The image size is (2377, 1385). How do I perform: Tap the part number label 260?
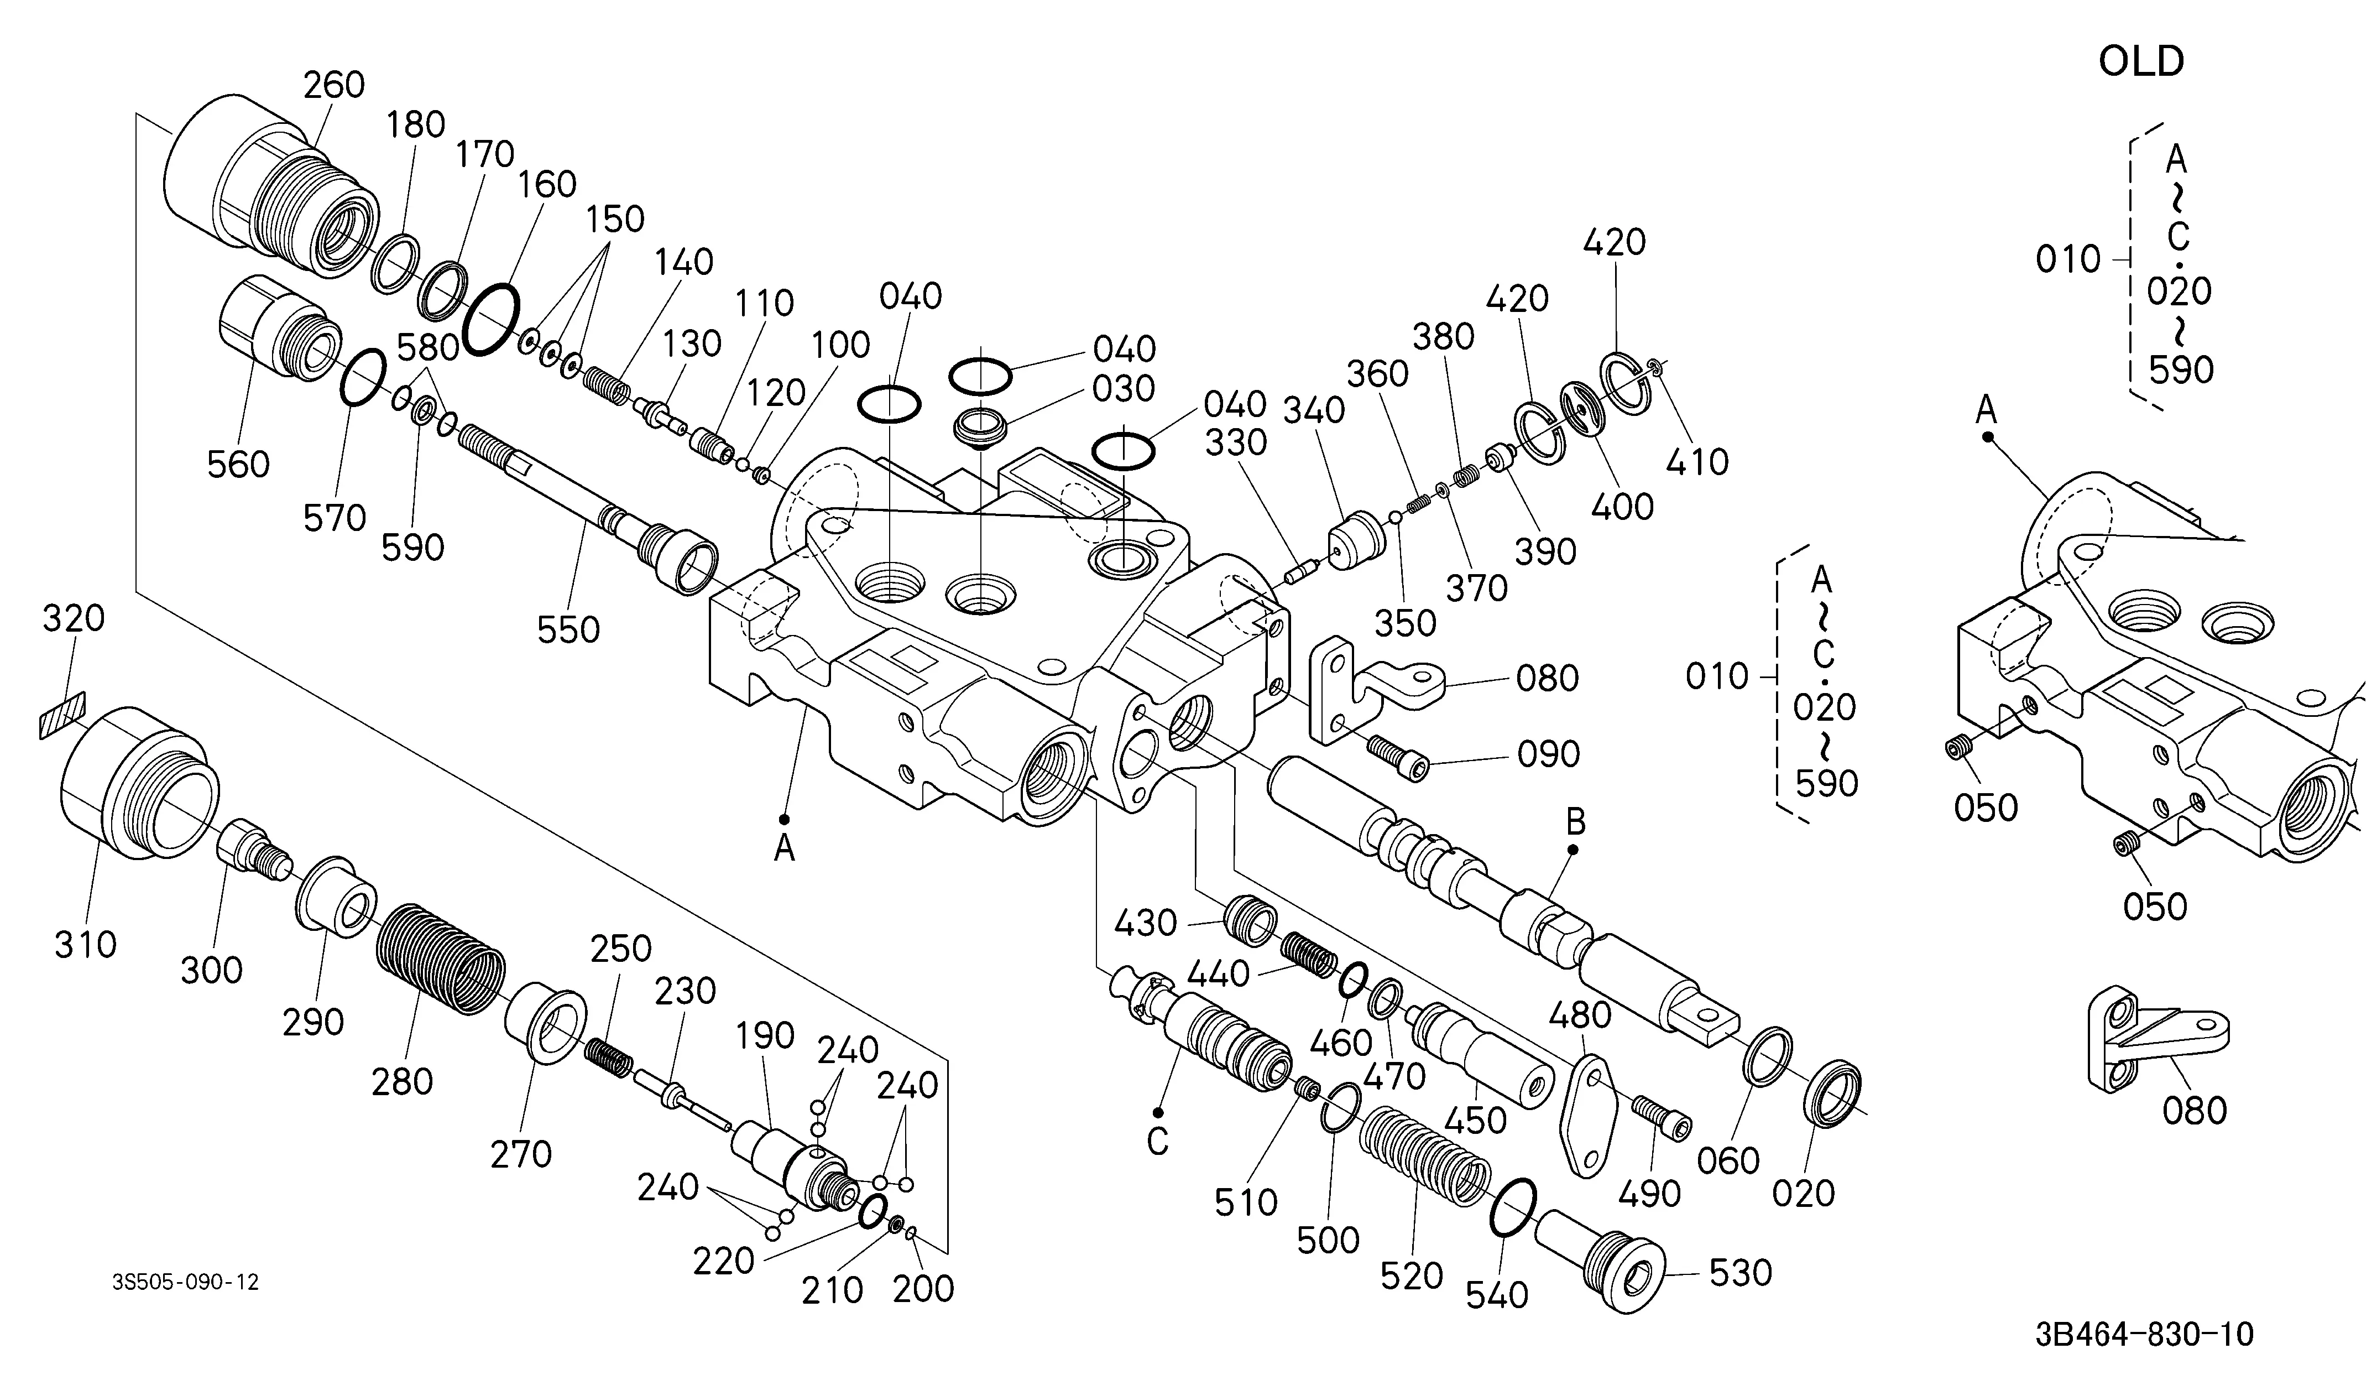point(334,85)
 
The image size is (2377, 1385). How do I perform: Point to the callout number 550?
point(569,630)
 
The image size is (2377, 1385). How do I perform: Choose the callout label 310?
point(86,944)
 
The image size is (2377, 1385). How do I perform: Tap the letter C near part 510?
point(1157,1143)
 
